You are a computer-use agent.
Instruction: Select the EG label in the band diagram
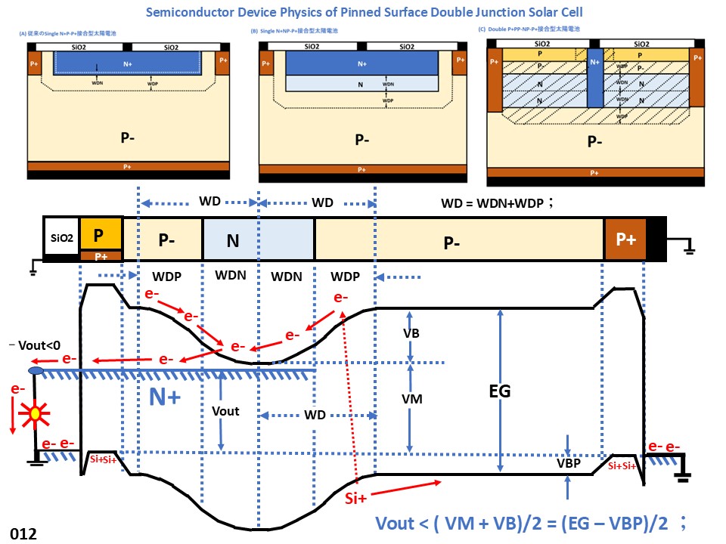500,391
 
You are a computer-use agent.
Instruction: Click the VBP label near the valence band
566,464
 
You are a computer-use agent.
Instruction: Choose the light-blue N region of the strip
258,240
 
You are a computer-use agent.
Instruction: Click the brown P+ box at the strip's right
625,240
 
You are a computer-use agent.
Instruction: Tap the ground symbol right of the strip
690,247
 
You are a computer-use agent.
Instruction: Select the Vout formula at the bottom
529,524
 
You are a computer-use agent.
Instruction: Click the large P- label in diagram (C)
595,141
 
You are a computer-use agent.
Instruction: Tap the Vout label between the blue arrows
226,411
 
